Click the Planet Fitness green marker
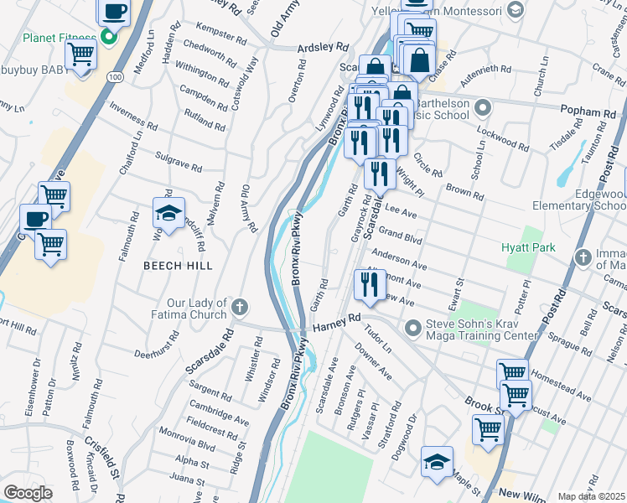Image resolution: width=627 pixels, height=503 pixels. [x=108, y=36]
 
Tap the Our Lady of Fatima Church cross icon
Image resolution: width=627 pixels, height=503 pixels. [x=240, y=306]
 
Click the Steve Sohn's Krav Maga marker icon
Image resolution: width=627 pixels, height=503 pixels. [x=412, y=327]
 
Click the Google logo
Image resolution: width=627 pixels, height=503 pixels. [x=28, y=492]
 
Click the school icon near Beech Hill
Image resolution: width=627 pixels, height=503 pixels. [x=168, y=214]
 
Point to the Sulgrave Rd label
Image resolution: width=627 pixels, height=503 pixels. [x=179, y=162]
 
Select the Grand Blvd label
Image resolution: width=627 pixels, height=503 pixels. [x=400, y=232]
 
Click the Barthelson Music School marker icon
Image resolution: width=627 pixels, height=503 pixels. [x=482, y=107]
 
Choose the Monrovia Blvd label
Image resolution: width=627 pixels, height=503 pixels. [x=189, y=442]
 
